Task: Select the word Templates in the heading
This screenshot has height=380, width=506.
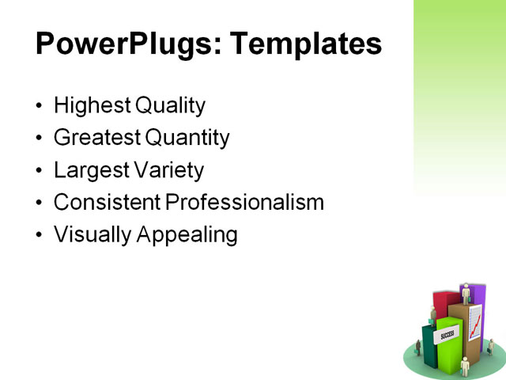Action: click(306, 44)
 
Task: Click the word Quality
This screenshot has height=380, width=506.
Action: click(170, 105)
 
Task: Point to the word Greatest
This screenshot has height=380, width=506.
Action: click(97, 139)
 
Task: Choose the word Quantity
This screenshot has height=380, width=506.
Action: click(187, 139)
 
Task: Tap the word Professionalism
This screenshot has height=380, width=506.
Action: click(245, 203)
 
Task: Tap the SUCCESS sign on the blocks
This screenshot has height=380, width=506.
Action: click(447, 334)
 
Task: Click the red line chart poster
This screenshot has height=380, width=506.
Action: click(475, 323)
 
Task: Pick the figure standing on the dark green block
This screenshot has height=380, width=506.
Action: click(432, 315)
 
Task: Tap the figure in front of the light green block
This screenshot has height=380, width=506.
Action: click(465, 365)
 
